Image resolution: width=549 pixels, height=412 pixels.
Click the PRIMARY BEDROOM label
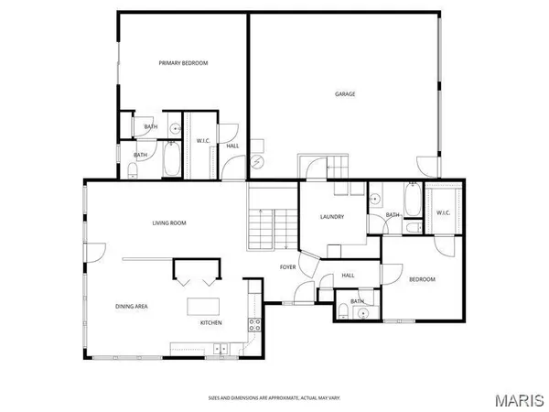[x=183, y=63]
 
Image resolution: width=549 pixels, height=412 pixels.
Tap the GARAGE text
[x=344, y=93]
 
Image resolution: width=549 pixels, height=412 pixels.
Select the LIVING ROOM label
[x=169, y=222]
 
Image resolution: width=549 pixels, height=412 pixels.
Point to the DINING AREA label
[x=132, y=306]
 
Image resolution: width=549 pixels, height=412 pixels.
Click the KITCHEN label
[x=211, y=322]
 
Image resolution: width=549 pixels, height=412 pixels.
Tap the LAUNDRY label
[x=331, y=216]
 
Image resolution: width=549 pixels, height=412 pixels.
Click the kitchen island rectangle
[x=204, y=305]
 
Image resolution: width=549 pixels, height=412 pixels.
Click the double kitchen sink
[x=221, y=347]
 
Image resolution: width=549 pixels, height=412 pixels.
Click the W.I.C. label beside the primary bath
[x=204, y=140]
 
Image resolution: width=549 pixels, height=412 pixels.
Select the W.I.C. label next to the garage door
[x=443, y=213]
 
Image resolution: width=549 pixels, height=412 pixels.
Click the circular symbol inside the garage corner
[x=257, y=162]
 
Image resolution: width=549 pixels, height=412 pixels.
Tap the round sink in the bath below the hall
[x=363, y=314]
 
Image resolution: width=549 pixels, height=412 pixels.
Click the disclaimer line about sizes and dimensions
[x=274, y=398]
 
